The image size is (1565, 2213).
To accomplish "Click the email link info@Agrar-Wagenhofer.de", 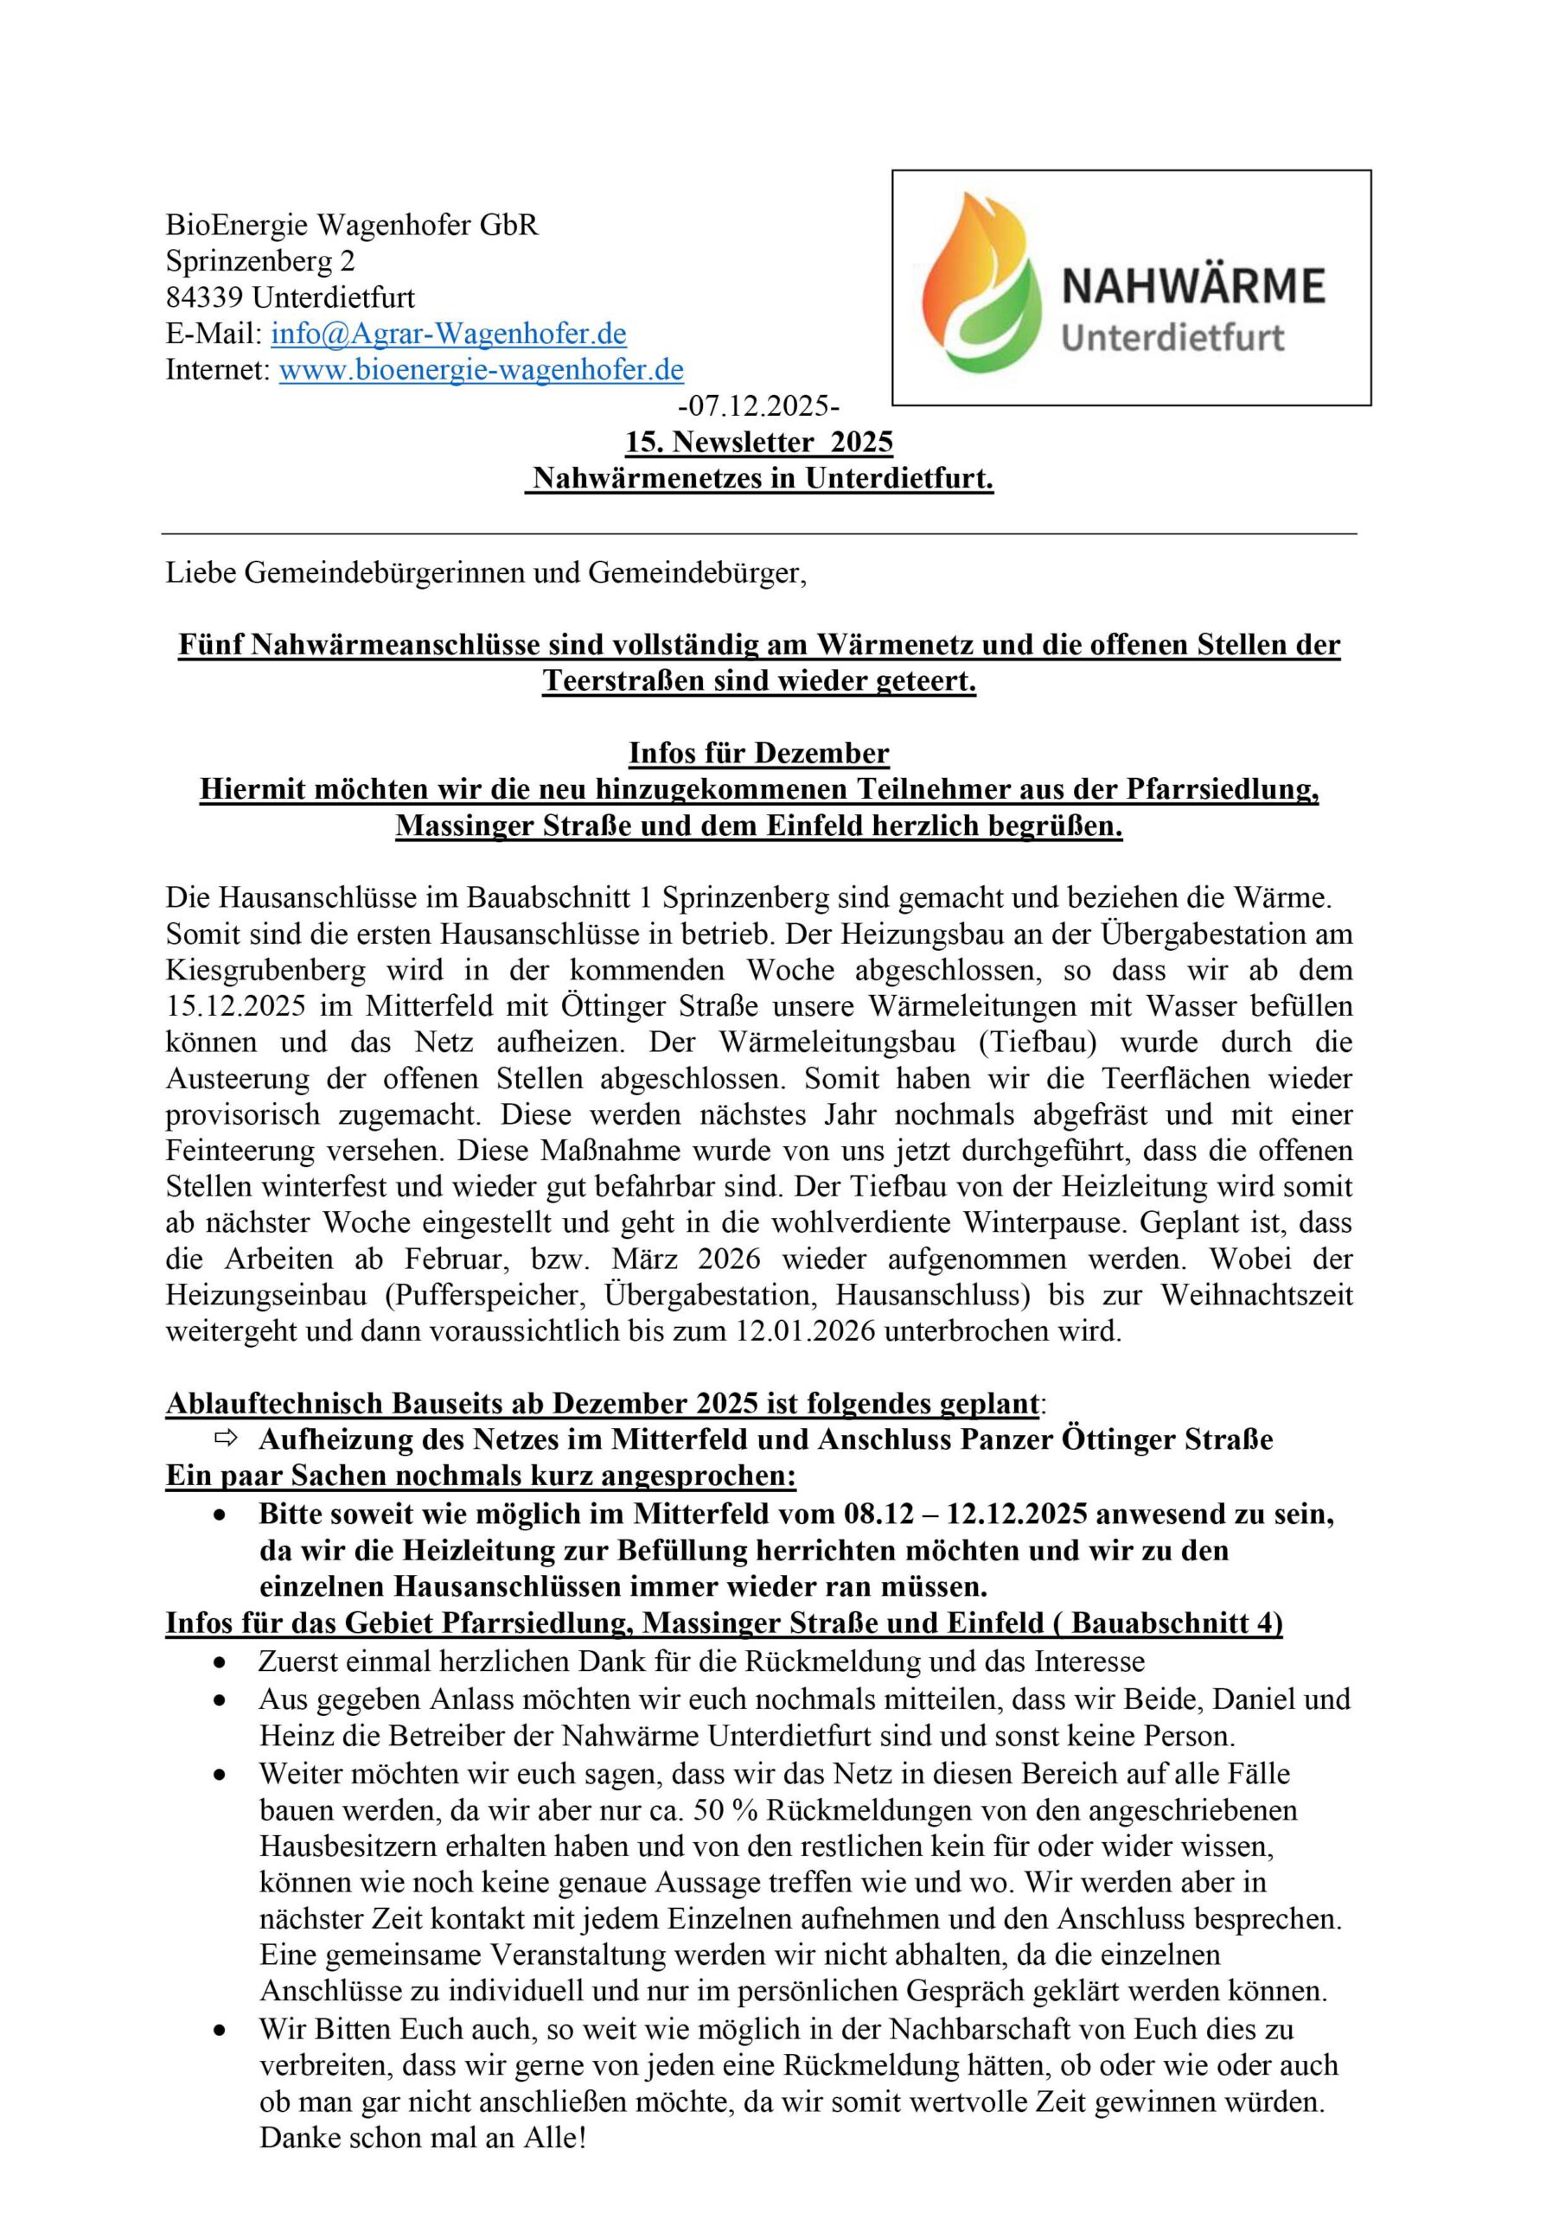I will click(449, 334).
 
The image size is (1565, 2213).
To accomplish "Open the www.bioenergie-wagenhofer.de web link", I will click(481, 369).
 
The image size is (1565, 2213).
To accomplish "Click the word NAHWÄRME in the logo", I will click(1194, 285).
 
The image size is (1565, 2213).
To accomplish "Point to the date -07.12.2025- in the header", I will click(759, 405).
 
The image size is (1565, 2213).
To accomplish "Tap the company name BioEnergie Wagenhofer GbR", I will click(352, 225).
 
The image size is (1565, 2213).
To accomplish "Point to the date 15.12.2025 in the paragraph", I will click(235, 1005).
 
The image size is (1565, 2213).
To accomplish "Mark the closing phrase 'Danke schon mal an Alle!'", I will click(422, 2138).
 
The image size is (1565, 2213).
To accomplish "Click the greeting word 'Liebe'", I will click(200, 572).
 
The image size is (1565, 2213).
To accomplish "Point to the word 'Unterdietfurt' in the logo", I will click(1172, 338).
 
